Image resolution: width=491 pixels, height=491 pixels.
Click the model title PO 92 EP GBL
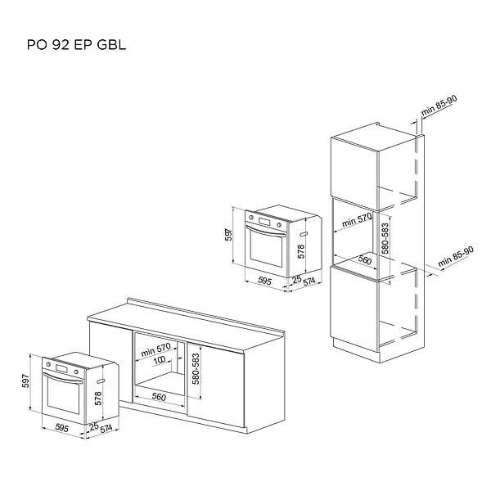[76, 45]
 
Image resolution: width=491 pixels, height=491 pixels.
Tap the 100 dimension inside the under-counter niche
[160, 360]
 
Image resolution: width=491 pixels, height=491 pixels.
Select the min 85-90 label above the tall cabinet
[439, 106]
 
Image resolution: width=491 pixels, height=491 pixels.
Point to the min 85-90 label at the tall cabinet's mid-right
[456, 257]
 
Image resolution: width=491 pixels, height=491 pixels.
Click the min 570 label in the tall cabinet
[356, 220]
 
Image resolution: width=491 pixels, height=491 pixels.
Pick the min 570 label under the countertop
[155, 349]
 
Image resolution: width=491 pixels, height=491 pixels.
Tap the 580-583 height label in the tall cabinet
[385, 238]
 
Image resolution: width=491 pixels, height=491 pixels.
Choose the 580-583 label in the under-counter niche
[196, 369]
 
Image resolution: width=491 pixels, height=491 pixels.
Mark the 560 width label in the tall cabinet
[364, 259]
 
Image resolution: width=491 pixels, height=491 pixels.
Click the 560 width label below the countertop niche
[159, 397]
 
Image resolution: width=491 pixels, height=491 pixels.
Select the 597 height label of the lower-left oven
[25, 381]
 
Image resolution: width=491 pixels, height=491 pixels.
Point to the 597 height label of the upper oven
[229, 234]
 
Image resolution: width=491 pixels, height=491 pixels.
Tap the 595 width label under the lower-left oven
[61, 428]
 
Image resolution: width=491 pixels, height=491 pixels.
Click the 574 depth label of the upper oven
[309, 282]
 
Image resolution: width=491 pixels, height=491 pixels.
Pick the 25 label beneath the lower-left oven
[93, 426]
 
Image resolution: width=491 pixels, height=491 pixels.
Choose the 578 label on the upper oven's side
[301, 251]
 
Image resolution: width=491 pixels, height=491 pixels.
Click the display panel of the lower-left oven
[61, 368]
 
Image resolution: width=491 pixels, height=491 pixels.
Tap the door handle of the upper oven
[266, 232]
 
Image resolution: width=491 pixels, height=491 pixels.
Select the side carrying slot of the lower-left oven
[101, 381]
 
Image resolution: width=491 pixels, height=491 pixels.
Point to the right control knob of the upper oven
[278, 225]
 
